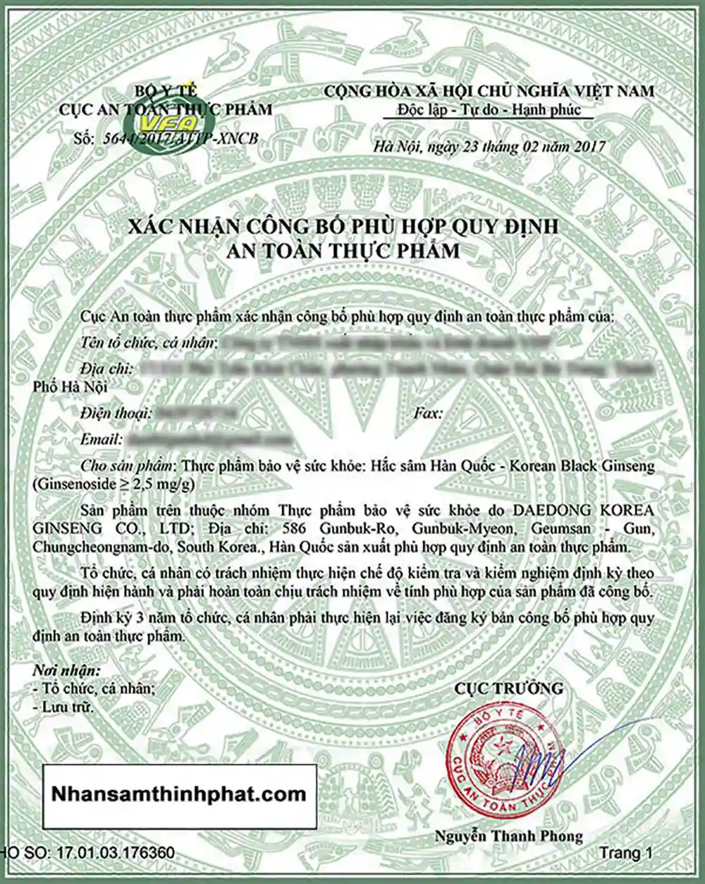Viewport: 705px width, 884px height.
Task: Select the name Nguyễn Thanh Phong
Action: pos(508,836)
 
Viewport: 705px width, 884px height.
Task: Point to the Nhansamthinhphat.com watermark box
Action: pos(179,794)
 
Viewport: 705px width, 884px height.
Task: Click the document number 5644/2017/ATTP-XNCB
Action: pos(176,138)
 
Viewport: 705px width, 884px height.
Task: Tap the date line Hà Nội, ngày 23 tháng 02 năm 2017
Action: pos(490,146)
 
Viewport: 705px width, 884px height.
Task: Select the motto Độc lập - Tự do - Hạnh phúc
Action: pos(489,110)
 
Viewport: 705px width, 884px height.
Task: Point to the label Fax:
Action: pos(428,414)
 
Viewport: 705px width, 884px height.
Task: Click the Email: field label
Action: pos(102,439)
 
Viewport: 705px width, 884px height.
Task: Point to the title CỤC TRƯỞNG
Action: pos(508,688)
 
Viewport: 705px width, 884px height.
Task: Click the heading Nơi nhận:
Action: pos(66,670)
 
